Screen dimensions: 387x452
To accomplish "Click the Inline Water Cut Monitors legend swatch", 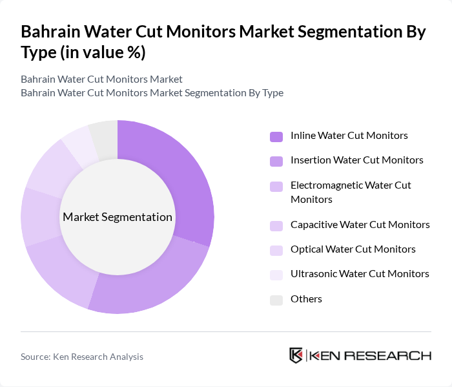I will (x=276, y=136).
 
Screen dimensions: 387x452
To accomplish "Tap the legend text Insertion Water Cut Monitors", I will (x=356, y=160).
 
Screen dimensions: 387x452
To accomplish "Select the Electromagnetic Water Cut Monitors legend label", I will (x=351, y=192).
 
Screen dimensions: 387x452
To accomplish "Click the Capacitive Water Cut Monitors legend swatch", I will (x=276, y=225).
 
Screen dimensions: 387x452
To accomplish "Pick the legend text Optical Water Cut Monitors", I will (x=353, y=249).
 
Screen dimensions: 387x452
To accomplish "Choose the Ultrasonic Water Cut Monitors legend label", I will (x=360, y=274).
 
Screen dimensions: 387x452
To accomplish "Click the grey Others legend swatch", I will (x=276, y=299).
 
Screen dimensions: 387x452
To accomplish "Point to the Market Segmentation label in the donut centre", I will (x=118, y=217).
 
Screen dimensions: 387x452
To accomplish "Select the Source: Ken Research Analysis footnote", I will (x=82, y=357).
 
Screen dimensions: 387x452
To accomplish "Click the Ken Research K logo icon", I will (x=296, y=355).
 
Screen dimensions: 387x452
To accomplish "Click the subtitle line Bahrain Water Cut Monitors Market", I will (x=101, y=79).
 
